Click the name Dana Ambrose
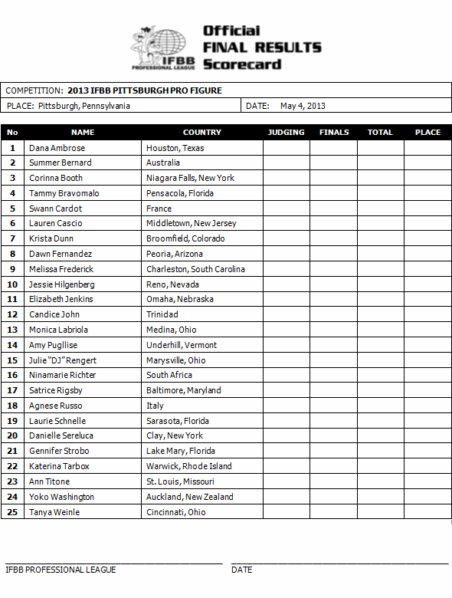click(57, 148)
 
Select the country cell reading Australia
click(163, 163)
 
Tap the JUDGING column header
click(286, 132)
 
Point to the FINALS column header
click(334, 132)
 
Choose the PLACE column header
click(427, 132)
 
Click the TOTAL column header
click(380, 132)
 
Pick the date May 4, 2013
click(303, 106)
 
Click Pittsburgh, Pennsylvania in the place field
click(84, 106)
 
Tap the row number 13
click(12, 330)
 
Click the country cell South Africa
click(169, 375)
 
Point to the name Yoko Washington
click(61, 497)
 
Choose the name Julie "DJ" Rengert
click(63, 360)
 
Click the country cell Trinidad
click(162, 314)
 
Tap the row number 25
click(12, 512)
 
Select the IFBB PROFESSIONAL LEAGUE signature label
click(61, 570)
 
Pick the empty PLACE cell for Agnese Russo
click(427, 406)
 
